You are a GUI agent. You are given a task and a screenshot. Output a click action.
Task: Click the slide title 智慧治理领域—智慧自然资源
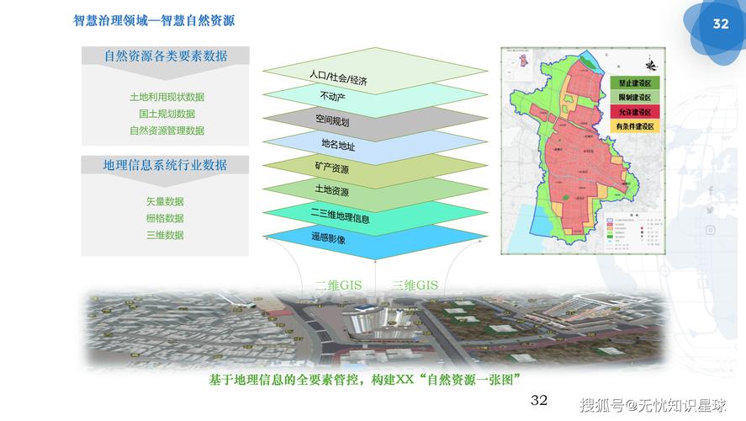point(153,21)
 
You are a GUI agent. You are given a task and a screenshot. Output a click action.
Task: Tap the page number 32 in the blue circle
point(721,24)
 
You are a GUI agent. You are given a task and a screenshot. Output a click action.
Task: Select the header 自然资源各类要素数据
point(166,56)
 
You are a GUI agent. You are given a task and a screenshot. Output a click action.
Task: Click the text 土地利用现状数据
point(167,97)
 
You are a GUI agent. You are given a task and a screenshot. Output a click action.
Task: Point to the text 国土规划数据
point(167,114)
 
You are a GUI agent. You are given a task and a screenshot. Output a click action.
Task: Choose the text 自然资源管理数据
point(167,131)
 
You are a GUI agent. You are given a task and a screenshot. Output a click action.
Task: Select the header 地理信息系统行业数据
point(166,165)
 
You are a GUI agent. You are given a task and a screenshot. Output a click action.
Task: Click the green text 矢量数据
point(165,201)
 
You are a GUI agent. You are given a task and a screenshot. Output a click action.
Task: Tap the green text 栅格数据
point(165,218)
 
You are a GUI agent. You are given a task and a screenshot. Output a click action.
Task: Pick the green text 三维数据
point(165,235)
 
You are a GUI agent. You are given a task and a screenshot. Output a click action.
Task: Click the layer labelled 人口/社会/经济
point(338,78)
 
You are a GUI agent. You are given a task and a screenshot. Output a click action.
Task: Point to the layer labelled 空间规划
point(332,121)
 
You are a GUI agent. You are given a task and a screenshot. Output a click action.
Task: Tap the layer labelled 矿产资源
point(331,168)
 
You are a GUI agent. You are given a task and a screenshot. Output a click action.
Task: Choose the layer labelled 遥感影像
point(329,239)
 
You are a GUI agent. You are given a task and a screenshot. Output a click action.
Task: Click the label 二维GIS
point(338,285)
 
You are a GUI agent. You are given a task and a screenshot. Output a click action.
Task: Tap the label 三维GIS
point(415,285)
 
